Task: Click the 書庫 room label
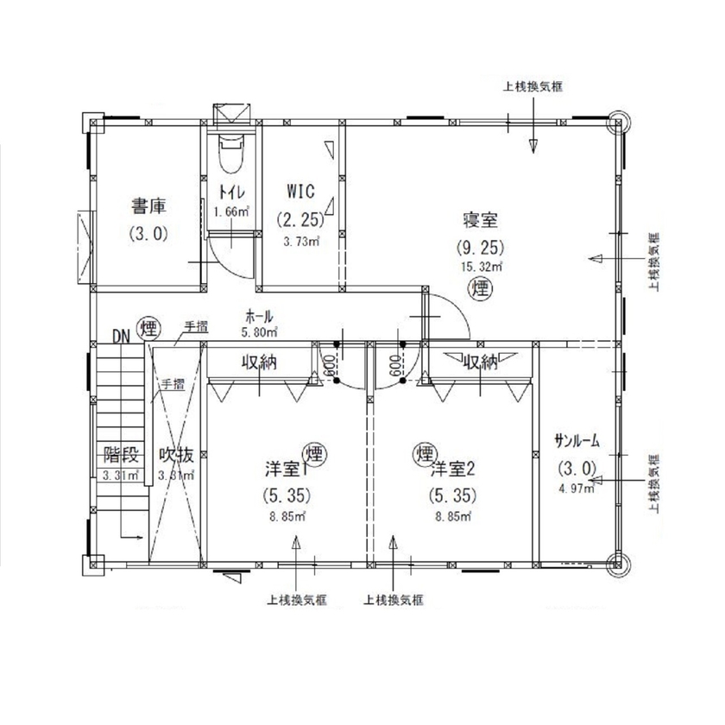tap(148, 206)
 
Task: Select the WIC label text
tap(300, 190)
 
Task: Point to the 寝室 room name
tap(480, 219)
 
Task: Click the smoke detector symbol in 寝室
tap(479, 289)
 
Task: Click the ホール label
tap(260, 315)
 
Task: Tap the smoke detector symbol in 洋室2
tap(424, 452)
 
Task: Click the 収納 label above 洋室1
tap(258, 362)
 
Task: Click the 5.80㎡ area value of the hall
tap(260, 331)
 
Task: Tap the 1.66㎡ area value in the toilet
tap(232, 211)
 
